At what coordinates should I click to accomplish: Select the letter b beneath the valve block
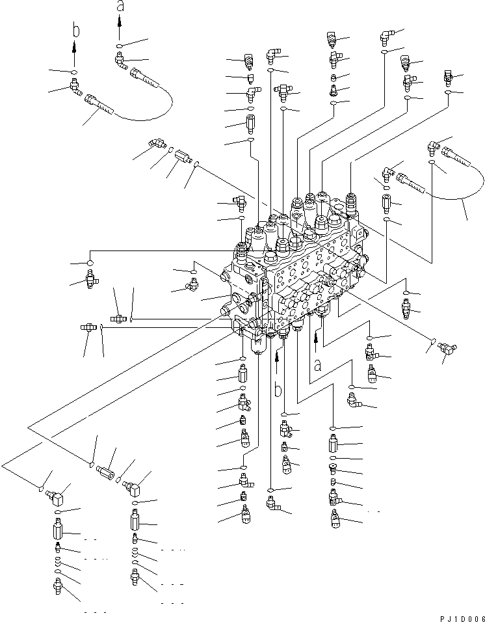[x=278, y=390]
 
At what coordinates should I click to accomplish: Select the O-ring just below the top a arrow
[x=120, y=46]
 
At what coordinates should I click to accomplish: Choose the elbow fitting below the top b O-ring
[x=75, y=85]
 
